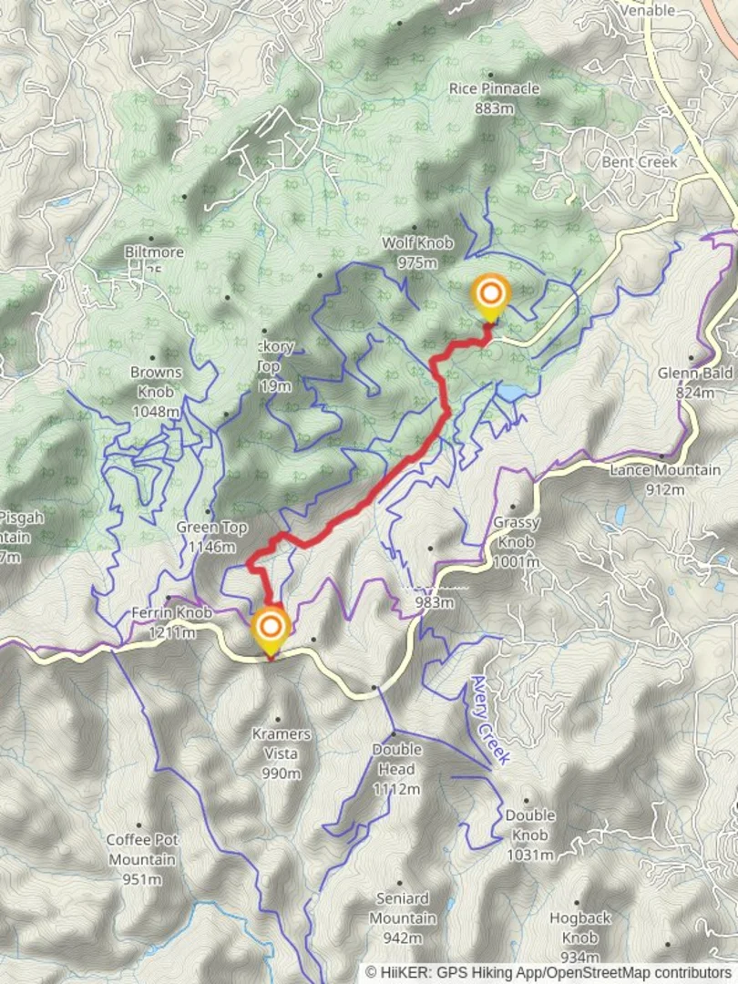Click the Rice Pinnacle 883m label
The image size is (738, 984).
(494, 97)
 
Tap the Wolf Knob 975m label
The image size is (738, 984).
(416, 252)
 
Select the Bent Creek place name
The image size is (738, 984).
(639, 161)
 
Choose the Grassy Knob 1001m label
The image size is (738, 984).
(517, 542)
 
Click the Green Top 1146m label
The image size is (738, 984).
(210, 537)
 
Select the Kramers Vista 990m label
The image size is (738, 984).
(281, 753)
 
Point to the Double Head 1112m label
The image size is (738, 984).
(396, 769)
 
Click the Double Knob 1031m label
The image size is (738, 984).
(529, 835)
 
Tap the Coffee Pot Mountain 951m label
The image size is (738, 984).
(142, 858)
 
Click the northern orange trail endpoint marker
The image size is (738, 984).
(490, 295)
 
